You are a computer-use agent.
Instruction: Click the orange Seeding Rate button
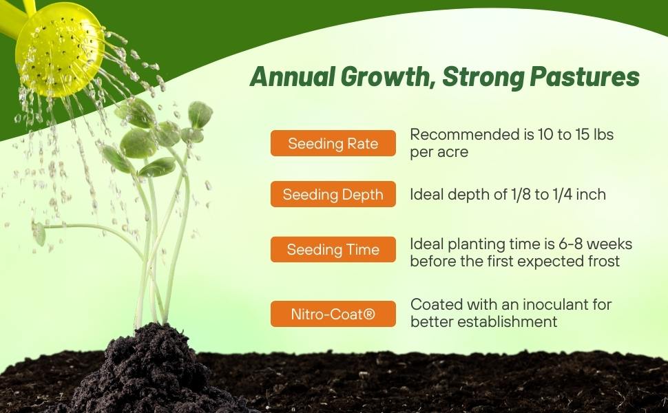(333, 143)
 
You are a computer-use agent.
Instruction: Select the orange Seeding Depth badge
(333, 194)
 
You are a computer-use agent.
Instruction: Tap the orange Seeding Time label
(333, 249)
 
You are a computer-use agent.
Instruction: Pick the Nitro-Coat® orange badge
(333, 314)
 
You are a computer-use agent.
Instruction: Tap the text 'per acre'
(439, 152)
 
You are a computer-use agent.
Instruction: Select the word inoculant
(525, 304)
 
